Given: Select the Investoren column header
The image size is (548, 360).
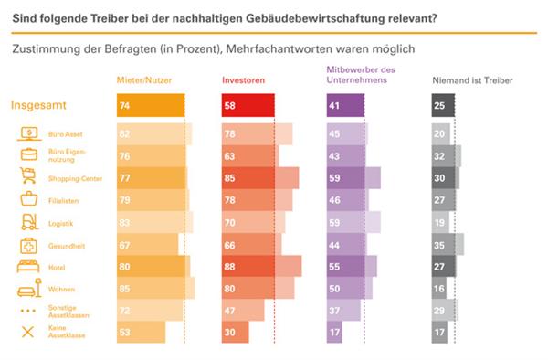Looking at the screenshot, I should [x=243, y=80].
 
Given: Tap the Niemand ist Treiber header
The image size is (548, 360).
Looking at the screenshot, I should [x=472, y=80].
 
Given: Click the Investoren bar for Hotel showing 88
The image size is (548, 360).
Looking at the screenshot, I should [x=260, y=266].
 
